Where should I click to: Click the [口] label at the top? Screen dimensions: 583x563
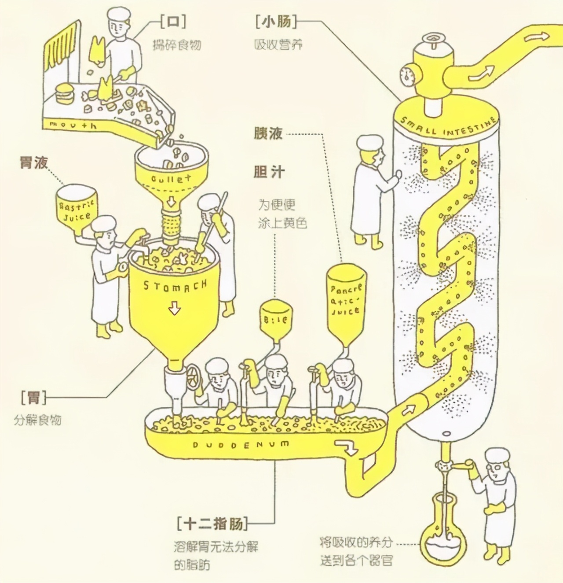click(x=172, y=22)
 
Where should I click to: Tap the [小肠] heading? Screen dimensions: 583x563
click(x=276, y=22)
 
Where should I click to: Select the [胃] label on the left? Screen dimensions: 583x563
click(x=33, y=398)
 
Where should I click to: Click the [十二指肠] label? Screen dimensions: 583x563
click(x=212, y=524)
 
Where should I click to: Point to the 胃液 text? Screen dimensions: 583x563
click(x=33, y=162)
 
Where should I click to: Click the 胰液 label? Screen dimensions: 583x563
click(x=268, y=133)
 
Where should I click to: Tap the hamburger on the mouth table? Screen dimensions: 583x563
click(x=65, y=93)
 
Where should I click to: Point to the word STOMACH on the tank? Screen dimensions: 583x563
click(x=175, y=286)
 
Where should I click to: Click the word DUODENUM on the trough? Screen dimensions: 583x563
click(x=241, y=444)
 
